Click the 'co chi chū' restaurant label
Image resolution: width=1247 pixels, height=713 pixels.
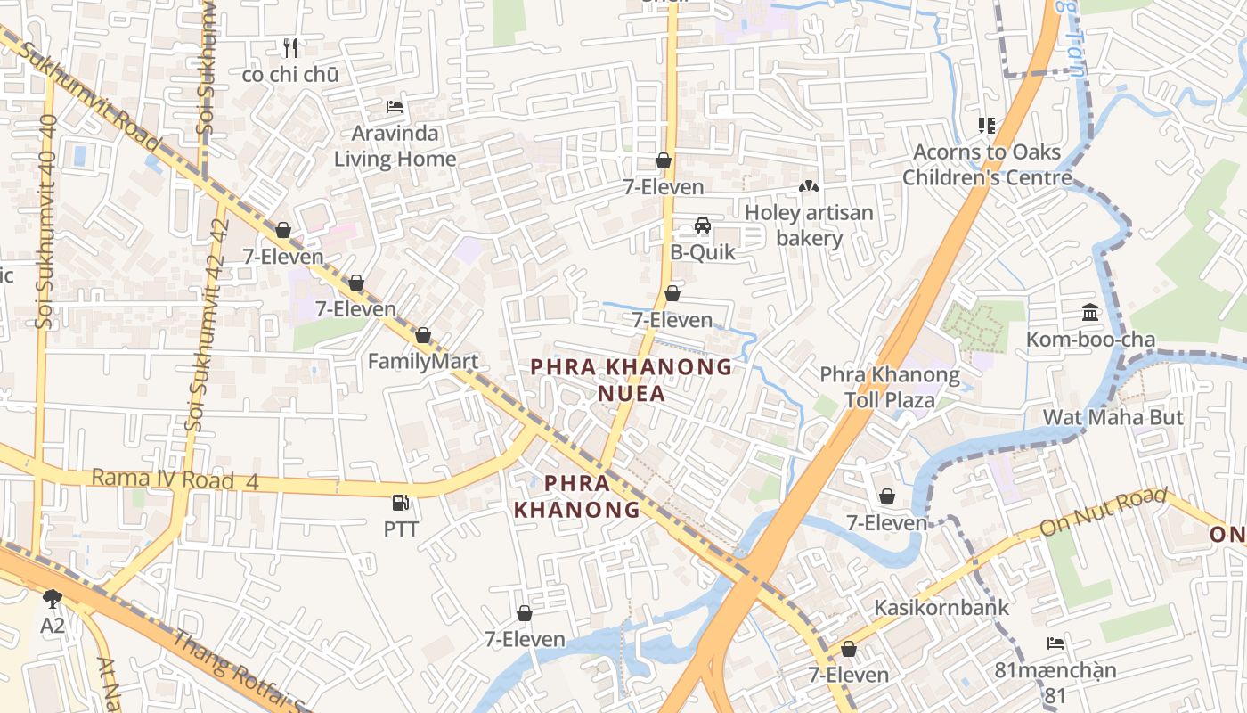pyautogui.click(x=290, y=75)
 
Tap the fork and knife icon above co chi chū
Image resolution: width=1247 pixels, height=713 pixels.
pyautogui.click(x=289, y=47)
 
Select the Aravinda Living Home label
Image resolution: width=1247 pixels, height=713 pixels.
pyautogui.click(x=395, y=146)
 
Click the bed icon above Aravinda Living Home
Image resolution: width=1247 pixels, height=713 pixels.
pyautogui.click(x=395, y=107)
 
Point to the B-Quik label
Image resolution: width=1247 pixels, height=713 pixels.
pyautogui.click(x=703, y=252)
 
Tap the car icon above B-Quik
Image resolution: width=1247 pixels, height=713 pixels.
pyautogui.click(x=703, y=225)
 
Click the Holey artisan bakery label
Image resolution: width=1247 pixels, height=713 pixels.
pyautogui.click(x=809, y=225)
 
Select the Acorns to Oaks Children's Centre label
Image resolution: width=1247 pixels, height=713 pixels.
pyautogui.click(x=987, y=165)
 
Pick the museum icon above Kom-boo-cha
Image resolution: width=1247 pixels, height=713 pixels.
pyautogui.click(x=1090, y=312)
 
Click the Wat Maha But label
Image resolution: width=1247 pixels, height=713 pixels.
pyautogui.click(x=1113, y=417)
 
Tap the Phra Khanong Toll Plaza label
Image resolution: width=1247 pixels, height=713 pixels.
pyautogui.click(x=890, y=387)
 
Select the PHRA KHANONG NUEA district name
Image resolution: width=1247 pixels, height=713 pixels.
pyautogui.click(x=632, y=380)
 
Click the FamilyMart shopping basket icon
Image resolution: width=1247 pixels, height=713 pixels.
pyautogui.click(x=423, y=335)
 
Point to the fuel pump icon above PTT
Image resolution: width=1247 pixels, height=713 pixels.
pyautogui.click(x=401, y=503)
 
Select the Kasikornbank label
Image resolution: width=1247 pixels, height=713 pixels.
pyautogui.click(x=941, y=608)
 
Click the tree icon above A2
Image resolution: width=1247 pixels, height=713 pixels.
pyautogui.click(x=53, y=598)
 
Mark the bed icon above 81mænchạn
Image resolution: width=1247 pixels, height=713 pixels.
pyautogui.click(x=1055, y=643)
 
